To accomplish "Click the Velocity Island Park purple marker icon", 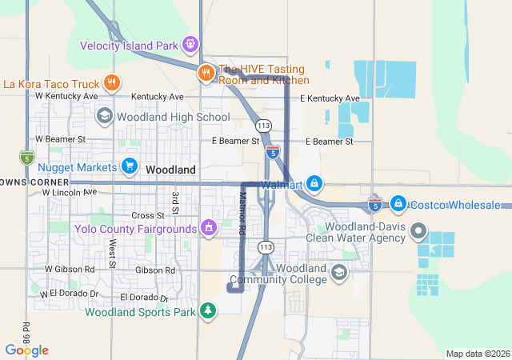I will tap(190, 45).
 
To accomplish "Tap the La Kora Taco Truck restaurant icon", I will tap(112, 82).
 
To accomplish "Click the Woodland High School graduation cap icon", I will tap(104, 117).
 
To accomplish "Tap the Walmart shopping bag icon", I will tap(315, 184).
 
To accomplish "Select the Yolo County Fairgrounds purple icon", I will tap(209, 229).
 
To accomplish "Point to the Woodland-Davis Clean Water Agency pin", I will tap(418, 232).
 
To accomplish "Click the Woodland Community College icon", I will tap(339, 274).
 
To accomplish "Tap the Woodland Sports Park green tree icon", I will tap(208, 310).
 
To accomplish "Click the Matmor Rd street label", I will tap(242, 213).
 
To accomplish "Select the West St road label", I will tap(113, 253).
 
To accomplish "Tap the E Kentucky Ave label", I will tap(330, 98).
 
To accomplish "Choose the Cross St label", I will tap(147, 215).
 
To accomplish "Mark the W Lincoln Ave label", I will tap(69, 192).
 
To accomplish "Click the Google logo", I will tap(26, 350).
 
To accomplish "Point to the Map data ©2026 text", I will tap(477, 354).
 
